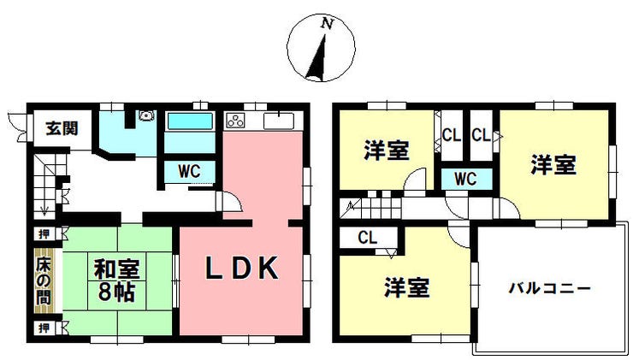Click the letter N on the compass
[327, 24]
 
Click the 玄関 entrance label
[62, 128]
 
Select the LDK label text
[242, 268]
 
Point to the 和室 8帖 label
[116, 280]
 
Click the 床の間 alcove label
[44, 280]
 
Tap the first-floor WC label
[189, 171]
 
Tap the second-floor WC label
[465, 179]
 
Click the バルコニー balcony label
[549, 288]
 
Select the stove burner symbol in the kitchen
[235, 121]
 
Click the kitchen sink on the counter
[279, 121]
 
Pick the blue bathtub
[190, 121]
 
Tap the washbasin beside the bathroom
[145, 115]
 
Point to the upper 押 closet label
[44, 233]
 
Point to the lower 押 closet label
[44, 328]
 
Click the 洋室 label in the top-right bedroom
[553, 165]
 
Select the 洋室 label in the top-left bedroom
[387, 150]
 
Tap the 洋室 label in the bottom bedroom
[406, 288]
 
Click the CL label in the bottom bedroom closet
[367, 238]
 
